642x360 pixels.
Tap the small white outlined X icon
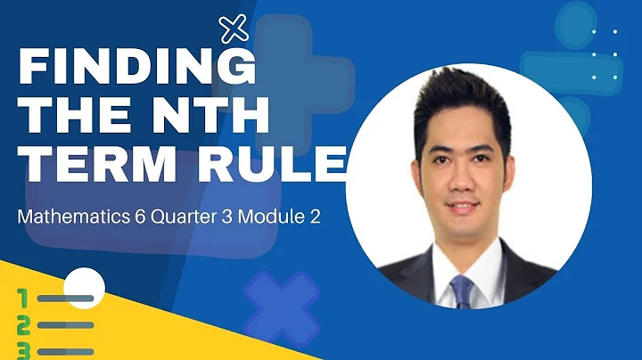[234, 30]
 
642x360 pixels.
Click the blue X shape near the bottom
[282, 307]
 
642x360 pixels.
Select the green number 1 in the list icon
[22, 297]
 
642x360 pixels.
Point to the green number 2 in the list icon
[23, 324]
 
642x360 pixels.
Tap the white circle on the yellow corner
[86, 286]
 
